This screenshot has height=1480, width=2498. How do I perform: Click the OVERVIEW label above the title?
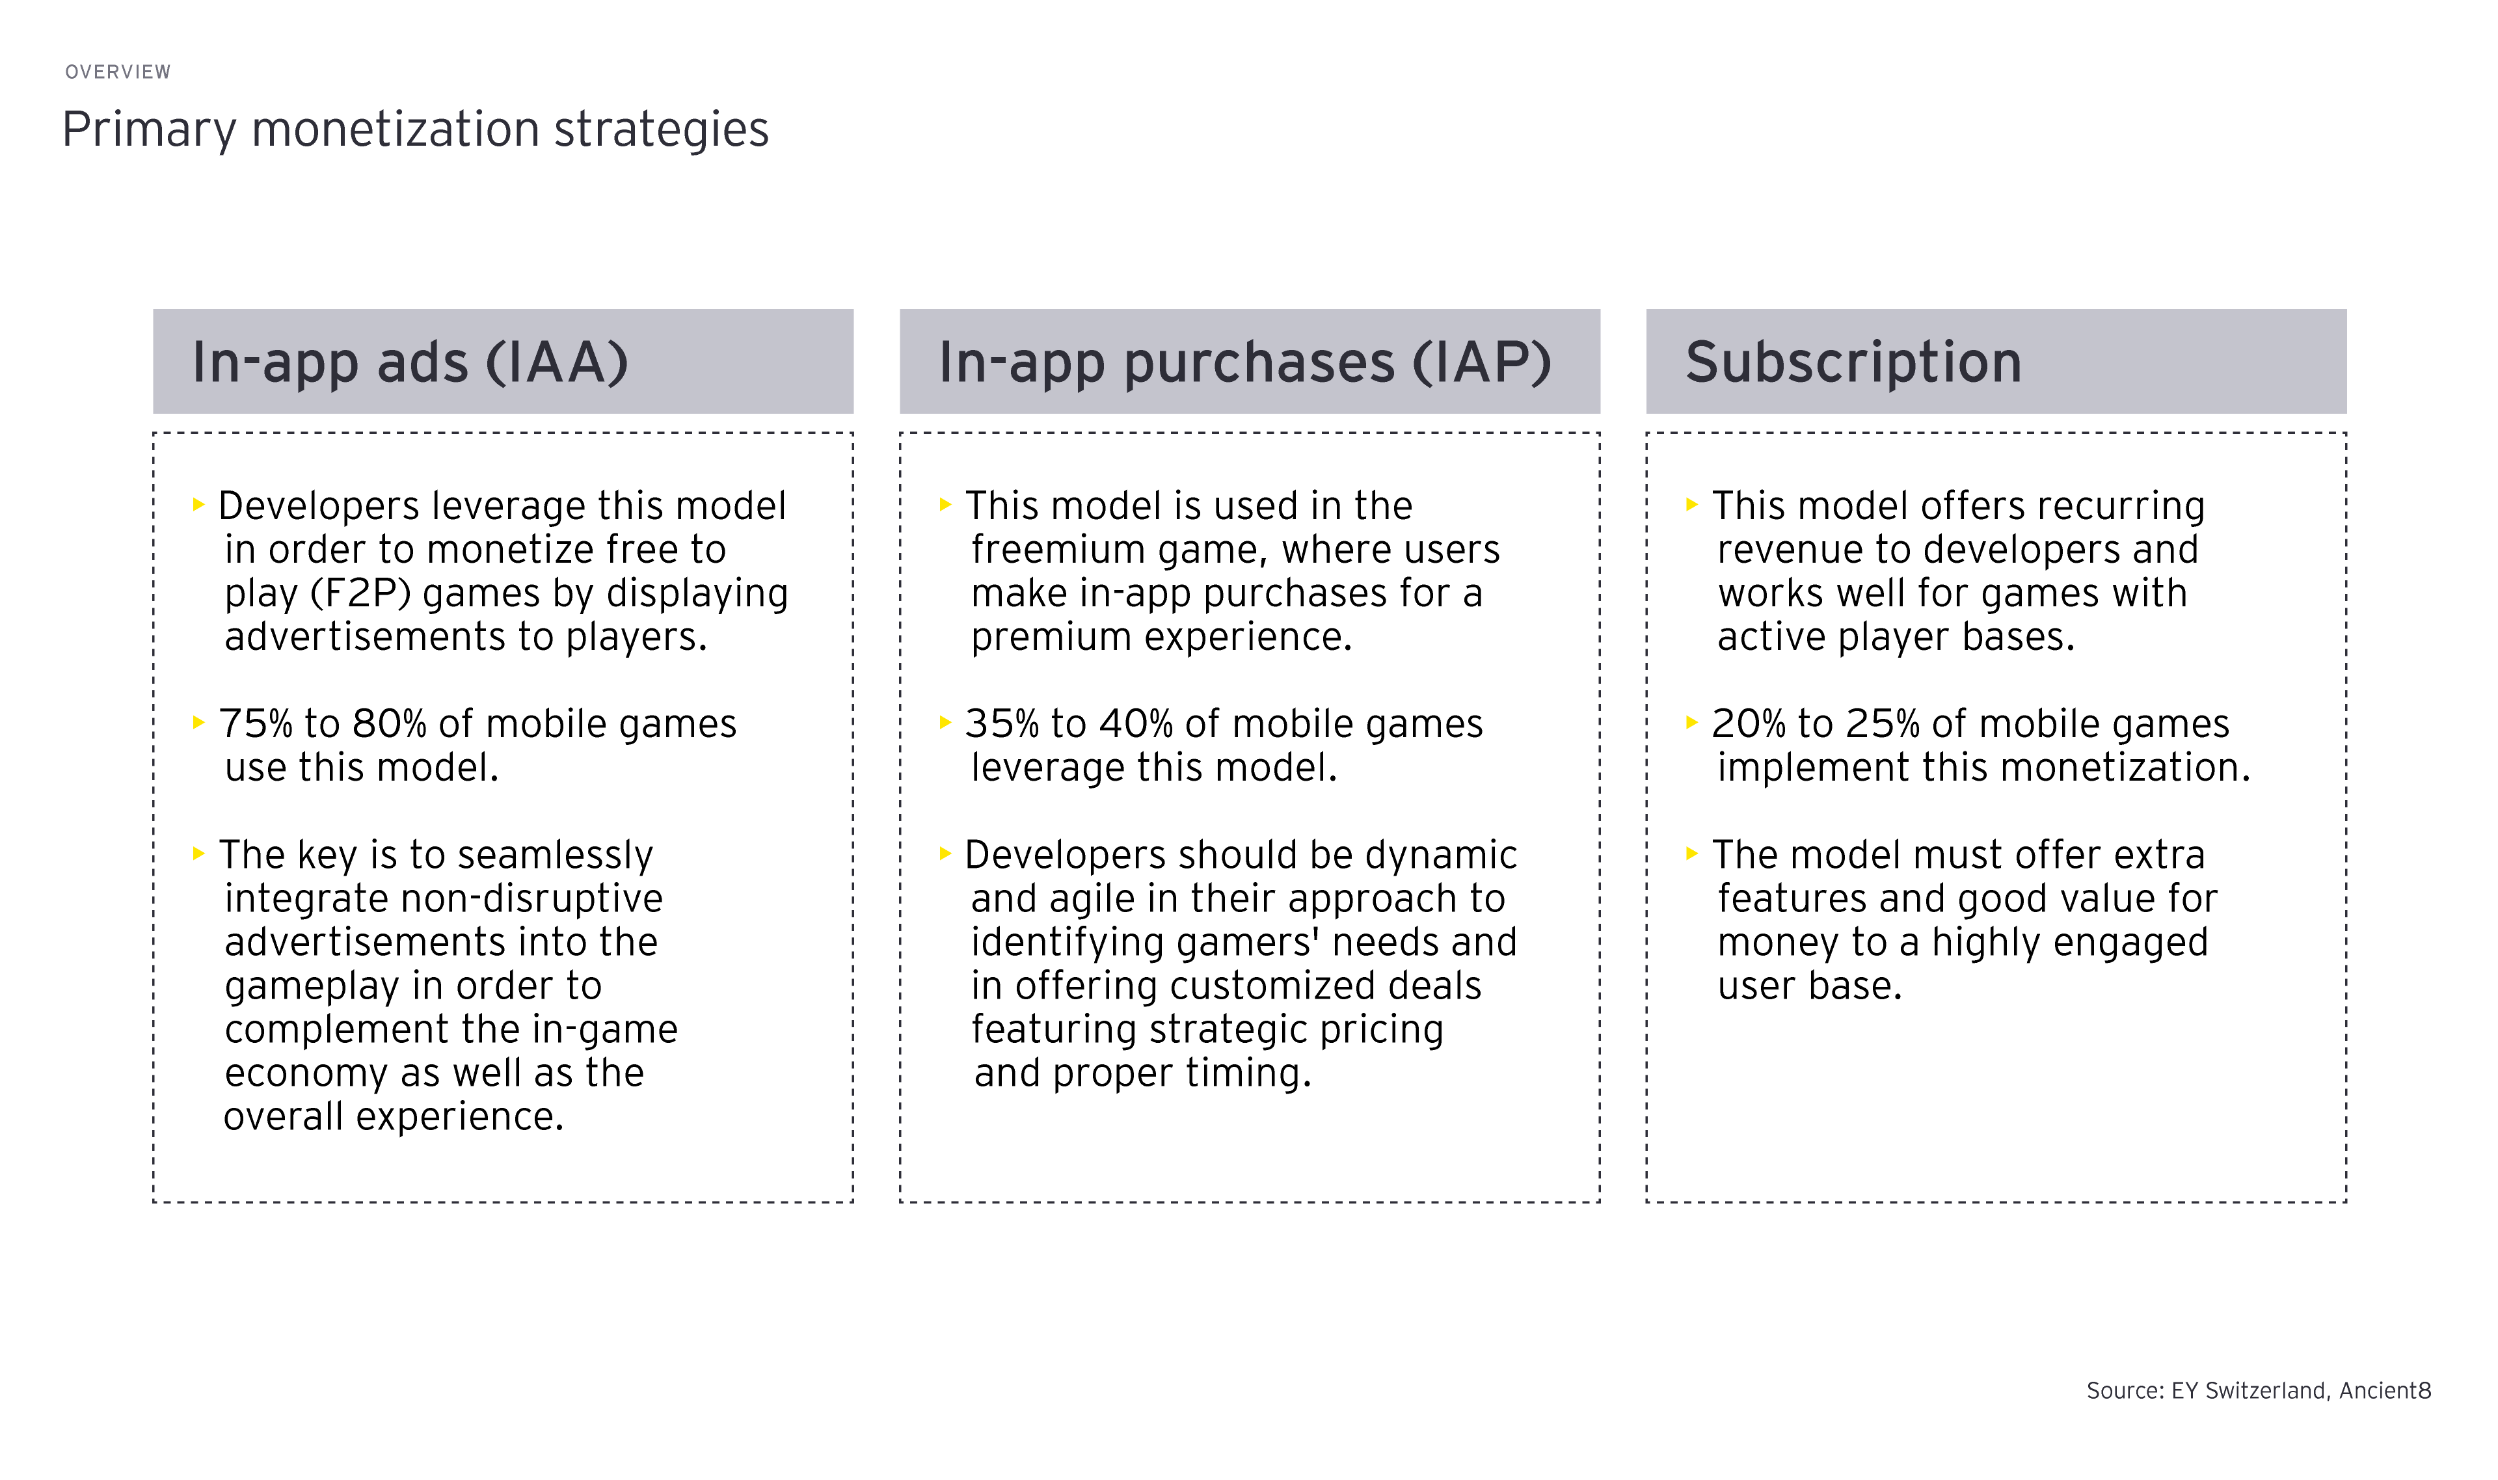pyautogui.click(x=118, y=72)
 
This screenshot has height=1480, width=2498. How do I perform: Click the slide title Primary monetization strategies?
pyautogui.click(x=416, y=129)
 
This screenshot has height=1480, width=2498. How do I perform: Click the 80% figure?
pyautogui.click(x=390, y=724)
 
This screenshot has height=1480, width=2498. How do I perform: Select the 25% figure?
pyautogui.click(x=1883, y=724)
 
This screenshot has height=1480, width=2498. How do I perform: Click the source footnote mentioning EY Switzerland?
pyautogui.click(x=2259, y=1390)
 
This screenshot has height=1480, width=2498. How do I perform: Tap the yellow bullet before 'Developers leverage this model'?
pyautogui.click(x=198, y=505)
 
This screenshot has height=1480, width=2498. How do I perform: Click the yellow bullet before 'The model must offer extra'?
pyautogui.click(x=1691, y=854)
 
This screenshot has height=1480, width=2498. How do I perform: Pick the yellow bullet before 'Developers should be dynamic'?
pyautogui.click(x=945, y=854)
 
